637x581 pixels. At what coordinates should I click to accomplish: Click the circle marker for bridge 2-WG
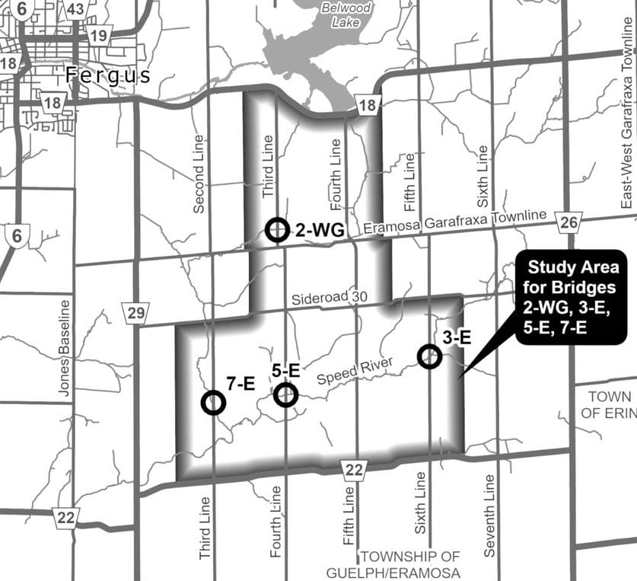(x=278, y=228)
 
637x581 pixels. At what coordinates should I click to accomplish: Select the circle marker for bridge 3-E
(x=430, y=356)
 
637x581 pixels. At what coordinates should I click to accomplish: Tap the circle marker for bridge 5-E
(x=286, y=394)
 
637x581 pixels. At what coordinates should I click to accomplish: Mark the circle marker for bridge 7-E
(x=213, y=402)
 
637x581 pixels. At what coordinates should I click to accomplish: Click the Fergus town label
(x=109, y=75)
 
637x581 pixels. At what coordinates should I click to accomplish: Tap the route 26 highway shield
(x=567, y=221)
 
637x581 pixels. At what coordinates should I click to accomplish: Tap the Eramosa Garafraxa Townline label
(x=454, y=222)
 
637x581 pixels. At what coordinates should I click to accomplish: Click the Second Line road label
(x=199, y=163)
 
